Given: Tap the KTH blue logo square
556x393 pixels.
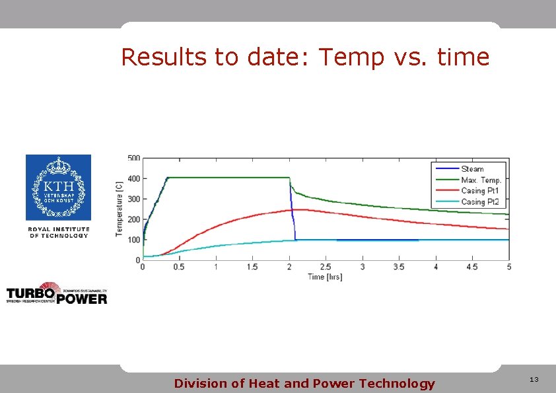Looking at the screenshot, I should pyautogui.click(x=58, y=188).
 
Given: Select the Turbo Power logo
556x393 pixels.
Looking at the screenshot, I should pyautogui.click(x=57, y=295).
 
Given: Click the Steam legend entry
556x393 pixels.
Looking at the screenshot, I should pyautogui.click(x=472, y=169).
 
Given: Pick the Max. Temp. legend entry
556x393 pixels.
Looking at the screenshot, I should pyautogui.click(x=481, y=180).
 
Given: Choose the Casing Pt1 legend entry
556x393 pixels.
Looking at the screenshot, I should pyautogui.click(x=481, y=191).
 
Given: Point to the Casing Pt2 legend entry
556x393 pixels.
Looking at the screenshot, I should pyautogui.click(x=481, y=201).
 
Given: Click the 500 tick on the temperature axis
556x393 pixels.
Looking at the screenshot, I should pyautogui.click(x=133, y=158).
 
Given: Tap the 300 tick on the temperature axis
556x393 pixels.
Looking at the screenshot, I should pyautogui.click(x=133, y=199).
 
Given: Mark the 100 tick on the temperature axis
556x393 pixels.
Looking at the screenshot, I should pyautogui.click(x=133, y=240).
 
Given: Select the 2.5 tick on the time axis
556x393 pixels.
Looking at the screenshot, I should pyautogui.click(x=326, y=267).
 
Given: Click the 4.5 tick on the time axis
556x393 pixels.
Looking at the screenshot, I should pyautogui.click(x=472, y=267).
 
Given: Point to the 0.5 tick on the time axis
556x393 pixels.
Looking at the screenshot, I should pyautogui.click(x=179, y=267).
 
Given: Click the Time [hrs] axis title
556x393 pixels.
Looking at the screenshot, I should pyautogui.click(x=325, y=277).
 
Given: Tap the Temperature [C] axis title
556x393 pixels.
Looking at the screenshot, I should pyautogui.click(x=120, y=209).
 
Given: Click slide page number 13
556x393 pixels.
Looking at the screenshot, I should pyautogui.click(x=534, y=380).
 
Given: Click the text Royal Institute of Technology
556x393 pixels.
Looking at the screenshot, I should pyautogui.click(x=58, y=232).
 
